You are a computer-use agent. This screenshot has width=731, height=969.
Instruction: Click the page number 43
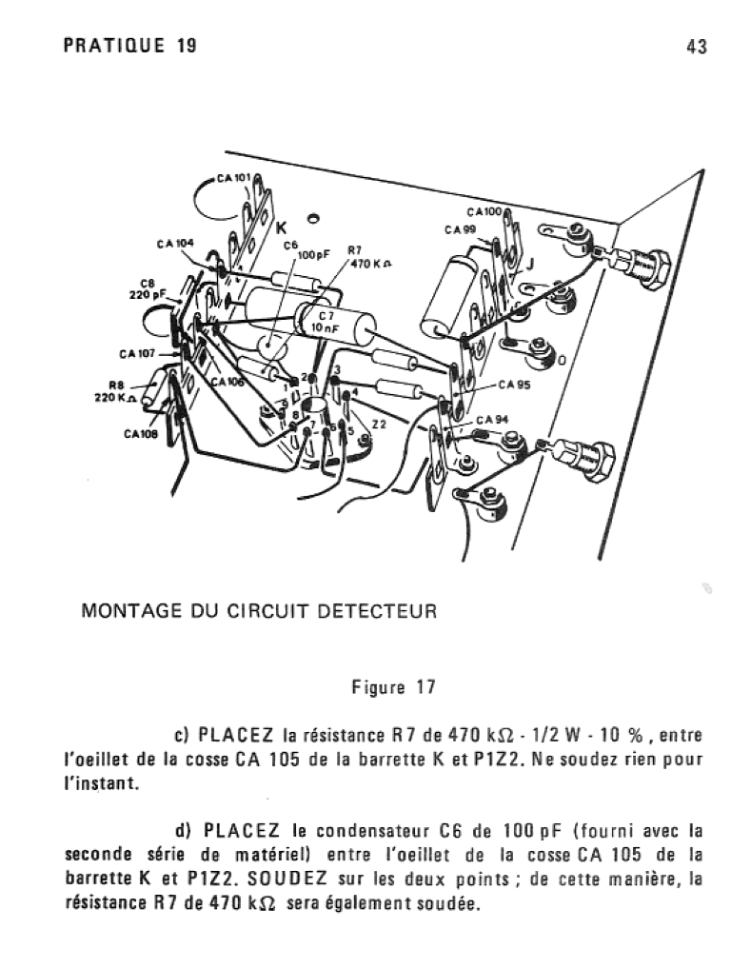pos(697,47)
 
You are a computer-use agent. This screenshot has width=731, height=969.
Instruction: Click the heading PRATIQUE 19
pos(130,46)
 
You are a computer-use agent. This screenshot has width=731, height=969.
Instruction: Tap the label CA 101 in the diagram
pos(233,178)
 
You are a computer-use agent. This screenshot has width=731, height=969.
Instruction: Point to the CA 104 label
pos(175,244)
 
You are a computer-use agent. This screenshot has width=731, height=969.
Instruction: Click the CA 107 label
pos(137,354)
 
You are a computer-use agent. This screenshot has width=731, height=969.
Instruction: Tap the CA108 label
pos(141,434)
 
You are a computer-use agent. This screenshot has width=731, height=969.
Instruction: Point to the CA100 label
pos(485,212)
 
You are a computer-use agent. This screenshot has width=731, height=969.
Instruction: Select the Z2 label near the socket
pos(380,424)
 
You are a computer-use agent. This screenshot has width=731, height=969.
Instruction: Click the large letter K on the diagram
pos(281,228)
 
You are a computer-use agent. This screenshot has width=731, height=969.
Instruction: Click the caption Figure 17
pos(394,686)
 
